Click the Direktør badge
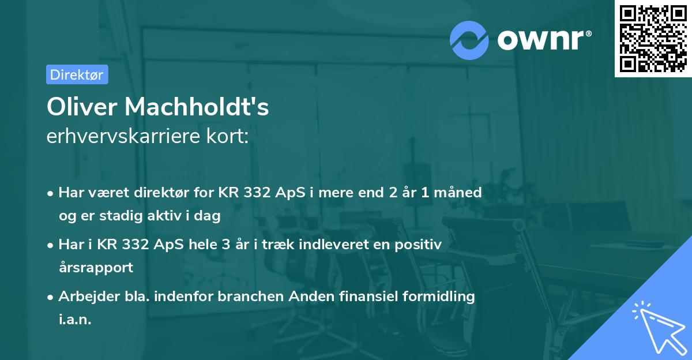pos(77,74)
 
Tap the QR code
pos(653,38)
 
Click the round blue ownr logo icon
pos(469,40)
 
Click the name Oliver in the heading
pos(82,107)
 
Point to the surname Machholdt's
pos(197,107)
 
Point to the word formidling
pos(438,297)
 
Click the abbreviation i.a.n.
pos(75,320)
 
